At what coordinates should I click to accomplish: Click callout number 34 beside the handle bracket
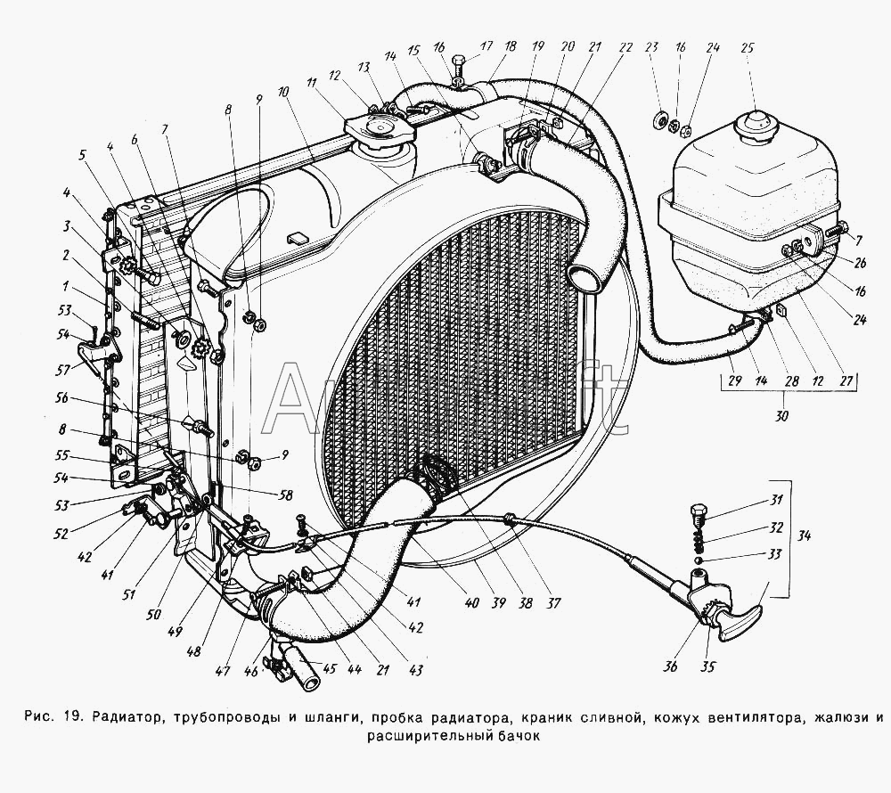(x=805, y=536)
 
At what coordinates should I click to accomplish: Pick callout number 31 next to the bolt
(x=776, y=500)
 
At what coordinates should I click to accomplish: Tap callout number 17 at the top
(x=486, y=46)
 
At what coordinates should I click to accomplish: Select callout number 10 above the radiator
(x=282, y=92)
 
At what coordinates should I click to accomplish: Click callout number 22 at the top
(x=625, y=47)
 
